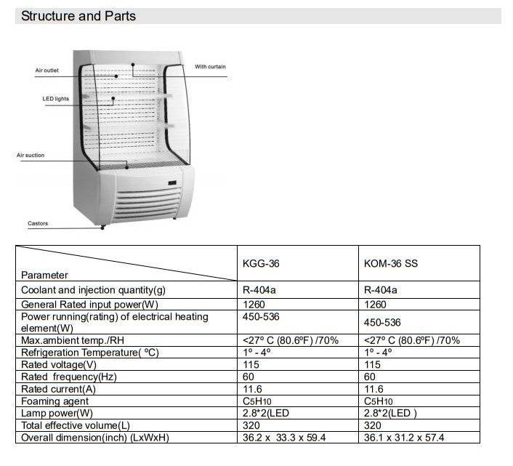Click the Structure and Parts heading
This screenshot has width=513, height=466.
tap(78, 16)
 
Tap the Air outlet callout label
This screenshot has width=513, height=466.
tap(47, 71)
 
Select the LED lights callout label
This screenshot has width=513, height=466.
tap(55, 99)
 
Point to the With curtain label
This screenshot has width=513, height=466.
tap(210, 67)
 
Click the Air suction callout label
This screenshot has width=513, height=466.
tap(31, 156)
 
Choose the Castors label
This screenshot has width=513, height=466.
tap(38, 223)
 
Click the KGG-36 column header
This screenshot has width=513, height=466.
tap(261, 263)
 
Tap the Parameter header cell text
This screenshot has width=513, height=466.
tap(44, 275)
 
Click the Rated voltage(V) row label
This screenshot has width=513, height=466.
tap(59, 364)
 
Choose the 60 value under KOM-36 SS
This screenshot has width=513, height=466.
tap(370, 377)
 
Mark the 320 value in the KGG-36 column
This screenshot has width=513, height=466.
tap(251, 425)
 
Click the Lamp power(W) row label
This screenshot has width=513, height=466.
tap(57, 413)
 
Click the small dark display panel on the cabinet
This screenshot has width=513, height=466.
tap(172, 182)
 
